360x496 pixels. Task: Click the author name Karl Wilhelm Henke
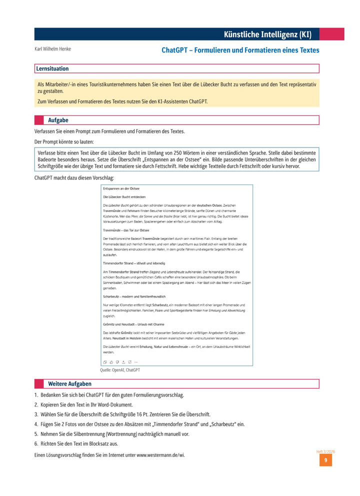coord(52,49)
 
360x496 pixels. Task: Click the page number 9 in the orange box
coord(325,460)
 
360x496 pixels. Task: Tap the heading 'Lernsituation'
coord(52,68)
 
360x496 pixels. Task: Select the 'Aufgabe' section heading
coord(58,120)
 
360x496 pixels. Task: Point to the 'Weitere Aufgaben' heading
coord(69,384)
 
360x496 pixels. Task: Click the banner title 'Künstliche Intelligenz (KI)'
coord(268,34)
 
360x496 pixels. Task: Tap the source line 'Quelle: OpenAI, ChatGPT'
coord(120,370)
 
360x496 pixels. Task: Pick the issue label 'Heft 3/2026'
coord(325,451)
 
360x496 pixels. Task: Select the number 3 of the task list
coord(36,414)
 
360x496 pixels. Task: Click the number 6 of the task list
coord(36,443)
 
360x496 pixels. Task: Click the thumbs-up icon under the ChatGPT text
coord(110,361)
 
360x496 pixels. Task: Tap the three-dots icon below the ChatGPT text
coord(136,361)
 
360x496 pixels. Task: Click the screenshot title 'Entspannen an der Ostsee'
coord(121,189)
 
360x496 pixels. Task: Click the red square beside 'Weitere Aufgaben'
coord(39,384)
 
